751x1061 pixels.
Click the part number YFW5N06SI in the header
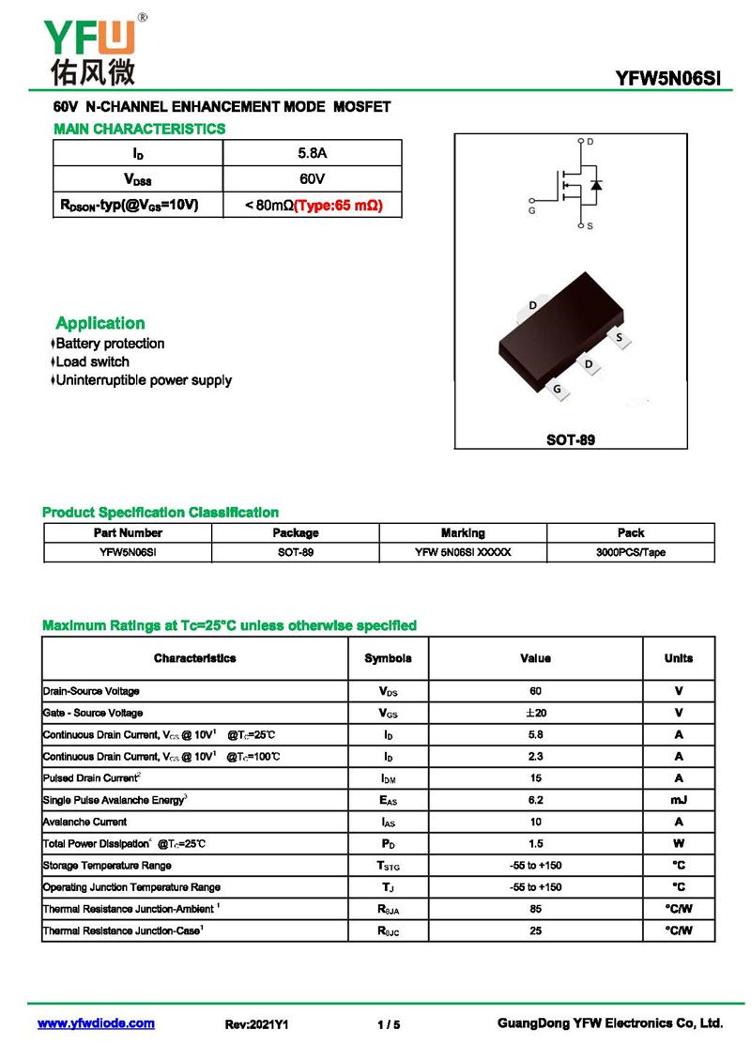pos(668,80)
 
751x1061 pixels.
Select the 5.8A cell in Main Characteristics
pos(312,152)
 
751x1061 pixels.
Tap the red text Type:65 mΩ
pos(339,205)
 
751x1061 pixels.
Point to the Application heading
pos(100,323)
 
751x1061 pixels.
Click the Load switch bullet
pos(92,361)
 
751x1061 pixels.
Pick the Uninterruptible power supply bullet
pos(143,380)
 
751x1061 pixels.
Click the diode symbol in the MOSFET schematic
pos(596,184)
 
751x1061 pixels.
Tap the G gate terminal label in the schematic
pos(532,211)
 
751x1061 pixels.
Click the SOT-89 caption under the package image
pos(571,439)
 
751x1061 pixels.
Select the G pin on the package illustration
pos(558,389)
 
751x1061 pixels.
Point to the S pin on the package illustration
pos(619,336)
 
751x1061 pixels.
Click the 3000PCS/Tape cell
pos(630,552)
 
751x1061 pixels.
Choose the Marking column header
pos(463,532)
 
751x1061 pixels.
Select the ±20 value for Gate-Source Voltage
pos(535,713)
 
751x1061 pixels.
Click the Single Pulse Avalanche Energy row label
pos(115,800)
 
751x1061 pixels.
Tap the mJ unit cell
pos(678,800)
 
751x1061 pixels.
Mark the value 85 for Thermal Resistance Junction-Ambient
pos(535,909)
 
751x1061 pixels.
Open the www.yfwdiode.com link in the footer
pos(96,1023)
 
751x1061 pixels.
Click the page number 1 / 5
pos(389,1024)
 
